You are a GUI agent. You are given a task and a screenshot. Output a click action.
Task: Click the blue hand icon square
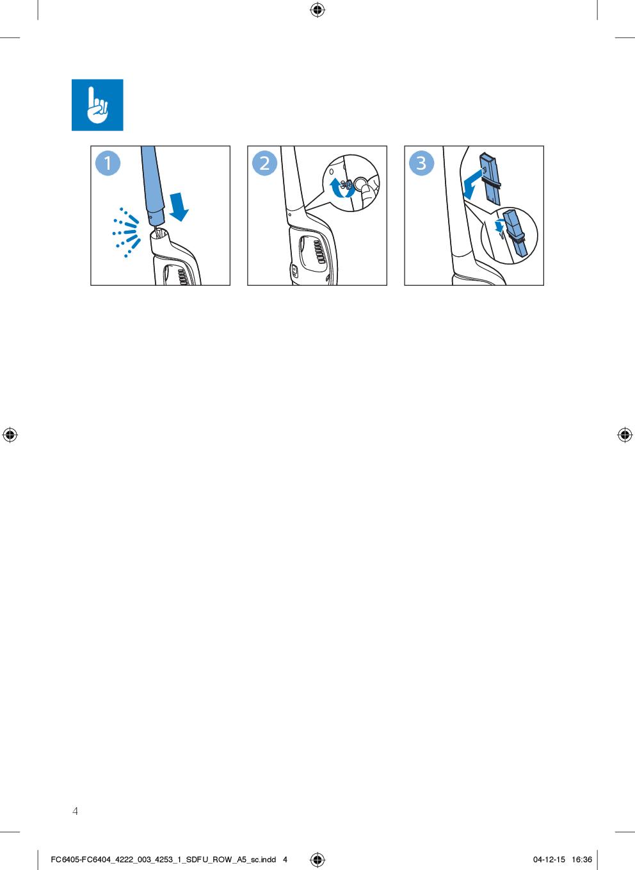click(97, 105)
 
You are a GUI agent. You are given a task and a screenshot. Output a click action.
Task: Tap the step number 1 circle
click(108, 163)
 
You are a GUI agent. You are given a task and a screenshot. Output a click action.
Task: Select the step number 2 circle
click(265, 163)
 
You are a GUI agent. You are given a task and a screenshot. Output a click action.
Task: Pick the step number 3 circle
click(422, 163)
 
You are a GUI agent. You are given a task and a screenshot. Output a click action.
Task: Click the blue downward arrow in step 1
click(179, 207)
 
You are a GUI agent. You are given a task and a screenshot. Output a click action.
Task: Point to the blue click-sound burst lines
click(127, 233)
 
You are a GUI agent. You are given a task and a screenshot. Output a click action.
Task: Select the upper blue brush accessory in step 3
click(490, 179)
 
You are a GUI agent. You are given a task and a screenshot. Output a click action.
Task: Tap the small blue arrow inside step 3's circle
click(499, 226)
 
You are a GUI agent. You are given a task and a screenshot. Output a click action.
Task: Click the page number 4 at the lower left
click(76, 810)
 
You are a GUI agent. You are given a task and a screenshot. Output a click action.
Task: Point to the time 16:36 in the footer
click(582, 860)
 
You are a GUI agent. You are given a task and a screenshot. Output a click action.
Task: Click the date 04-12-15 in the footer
click(549, 860)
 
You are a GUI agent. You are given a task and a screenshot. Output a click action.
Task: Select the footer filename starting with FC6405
click(163, 860)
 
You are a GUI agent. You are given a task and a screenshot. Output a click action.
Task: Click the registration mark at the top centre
click(317, 10)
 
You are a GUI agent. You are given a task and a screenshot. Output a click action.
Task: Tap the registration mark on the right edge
click(625, 435)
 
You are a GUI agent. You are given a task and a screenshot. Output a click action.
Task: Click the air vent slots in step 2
click(318, 252)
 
